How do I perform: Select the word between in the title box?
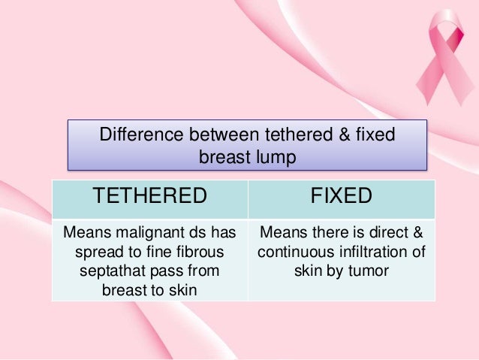(221, 136)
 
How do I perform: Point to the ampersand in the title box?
(335, 136)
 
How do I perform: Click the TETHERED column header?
(149, 197)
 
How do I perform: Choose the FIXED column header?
(342, 197)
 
